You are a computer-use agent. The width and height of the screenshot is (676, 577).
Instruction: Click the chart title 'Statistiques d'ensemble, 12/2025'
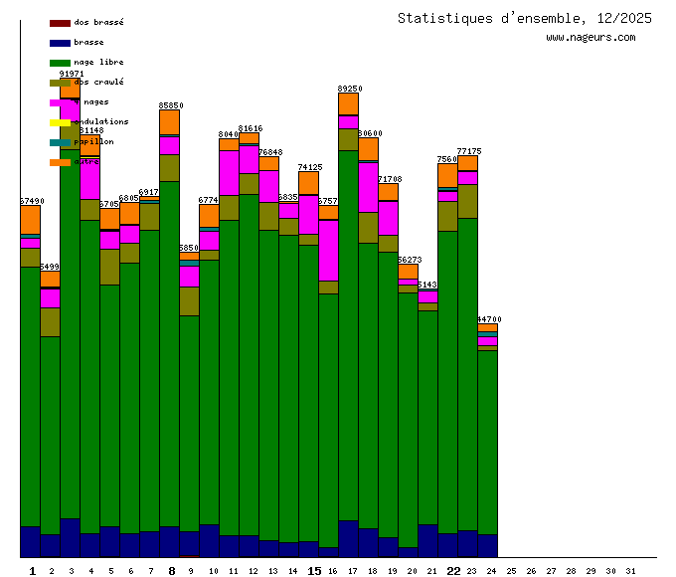(525, 18)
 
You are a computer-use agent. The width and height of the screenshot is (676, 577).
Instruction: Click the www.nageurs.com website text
(591, 38)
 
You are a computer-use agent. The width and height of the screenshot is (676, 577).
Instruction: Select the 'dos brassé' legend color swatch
(60, 23)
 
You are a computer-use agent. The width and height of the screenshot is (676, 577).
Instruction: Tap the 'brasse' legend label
(88, 43)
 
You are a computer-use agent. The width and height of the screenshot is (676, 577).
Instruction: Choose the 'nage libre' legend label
(98, 63)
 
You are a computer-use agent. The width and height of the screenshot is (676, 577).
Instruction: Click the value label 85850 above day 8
(170, 105)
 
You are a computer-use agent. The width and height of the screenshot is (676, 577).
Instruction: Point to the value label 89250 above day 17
(349, 89)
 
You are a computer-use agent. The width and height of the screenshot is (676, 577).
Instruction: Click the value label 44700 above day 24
(488, 319)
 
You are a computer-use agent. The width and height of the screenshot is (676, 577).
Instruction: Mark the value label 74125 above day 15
(309, 167)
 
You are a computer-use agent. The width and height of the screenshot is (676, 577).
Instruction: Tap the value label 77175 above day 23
(468, 151)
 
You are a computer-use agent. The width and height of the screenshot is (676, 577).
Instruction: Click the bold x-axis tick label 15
(314, 571)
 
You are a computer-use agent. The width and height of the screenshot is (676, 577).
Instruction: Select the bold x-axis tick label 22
(453, 571)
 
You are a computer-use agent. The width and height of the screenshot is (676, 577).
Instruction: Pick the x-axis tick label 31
(630, 571)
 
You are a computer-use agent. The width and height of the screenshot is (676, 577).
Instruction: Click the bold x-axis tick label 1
(33, 571)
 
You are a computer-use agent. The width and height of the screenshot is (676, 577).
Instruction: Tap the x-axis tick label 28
(571, 571)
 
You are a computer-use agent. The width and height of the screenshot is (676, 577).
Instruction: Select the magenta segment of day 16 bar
(329, 250)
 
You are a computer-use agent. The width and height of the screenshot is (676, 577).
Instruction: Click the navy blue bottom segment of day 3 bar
(71, 537)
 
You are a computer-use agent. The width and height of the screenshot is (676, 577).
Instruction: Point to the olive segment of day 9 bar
(190, 300)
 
